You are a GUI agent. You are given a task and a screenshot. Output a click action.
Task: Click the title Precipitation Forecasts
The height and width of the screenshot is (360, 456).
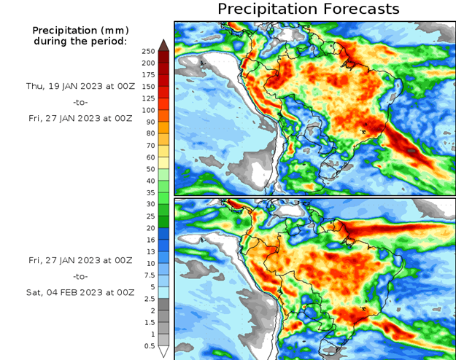point(309,9)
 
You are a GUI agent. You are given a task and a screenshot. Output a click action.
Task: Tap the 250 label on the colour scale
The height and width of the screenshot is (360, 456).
point(148,51)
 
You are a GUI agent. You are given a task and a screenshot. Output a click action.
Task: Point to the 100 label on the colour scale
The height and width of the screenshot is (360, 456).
point(148,110)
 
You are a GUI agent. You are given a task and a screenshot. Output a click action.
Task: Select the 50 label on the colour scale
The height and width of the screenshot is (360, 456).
point(148,169)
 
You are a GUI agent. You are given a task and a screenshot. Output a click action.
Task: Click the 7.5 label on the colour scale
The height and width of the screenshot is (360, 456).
point(148,275)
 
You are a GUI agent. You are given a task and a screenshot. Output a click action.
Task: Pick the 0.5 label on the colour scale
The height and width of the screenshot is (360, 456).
point(148,346)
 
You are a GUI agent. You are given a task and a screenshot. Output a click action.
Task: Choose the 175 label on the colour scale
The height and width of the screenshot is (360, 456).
point(148,75)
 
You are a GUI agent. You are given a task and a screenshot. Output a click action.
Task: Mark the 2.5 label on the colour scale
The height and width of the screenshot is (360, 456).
point(148,299)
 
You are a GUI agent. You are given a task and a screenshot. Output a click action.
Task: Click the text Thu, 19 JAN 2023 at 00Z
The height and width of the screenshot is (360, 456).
point(80,86)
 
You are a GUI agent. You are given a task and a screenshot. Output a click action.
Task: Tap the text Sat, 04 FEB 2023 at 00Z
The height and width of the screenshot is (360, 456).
point(80,292)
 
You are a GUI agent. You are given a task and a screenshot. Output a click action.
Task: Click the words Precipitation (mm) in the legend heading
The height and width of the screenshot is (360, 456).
point(80,30)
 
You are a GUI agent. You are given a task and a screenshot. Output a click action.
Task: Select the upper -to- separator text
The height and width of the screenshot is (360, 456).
point(80,102)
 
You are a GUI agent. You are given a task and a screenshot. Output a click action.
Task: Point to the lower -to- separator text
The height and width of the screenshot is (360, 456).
point(80,276)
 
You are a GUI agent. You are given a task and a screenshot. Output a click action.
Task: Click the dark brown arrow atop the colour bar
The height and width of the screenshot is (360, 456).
point(164,44)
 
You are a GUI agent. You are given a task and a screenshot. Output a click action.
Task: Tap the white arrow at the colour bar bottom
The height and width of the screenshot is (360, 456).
point(164,352)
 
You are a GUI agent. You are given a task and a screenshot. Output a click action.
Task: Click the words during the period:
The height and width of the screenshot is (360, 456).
point(80,41)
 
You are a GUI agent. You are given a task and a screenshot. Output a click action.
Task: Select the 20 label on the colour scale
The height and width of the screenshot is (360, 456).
point(148,228)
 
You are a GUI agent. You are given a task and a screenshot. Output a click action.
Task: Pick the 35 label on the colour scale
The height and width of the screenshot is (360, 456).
point(148,192)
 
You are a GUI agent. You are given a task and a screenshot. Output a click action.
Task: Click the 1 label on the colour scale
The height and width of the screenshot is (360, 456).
point(148,334)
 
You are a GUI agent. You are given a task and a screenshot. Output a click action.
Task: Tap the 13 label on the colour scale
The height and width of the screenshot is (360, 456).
point(148,251)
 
